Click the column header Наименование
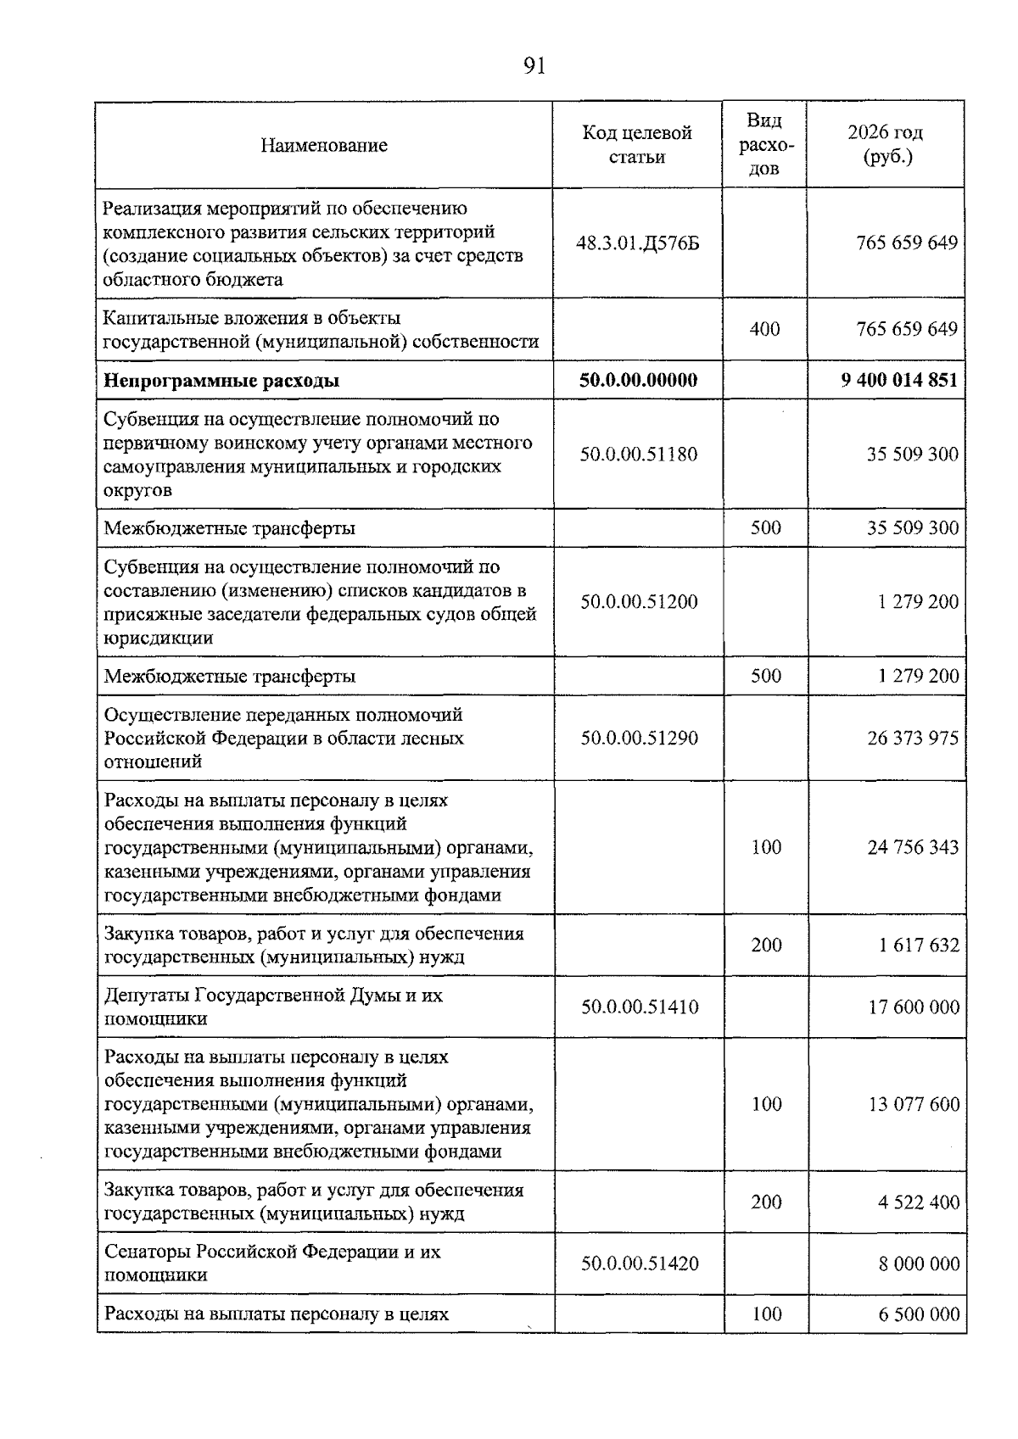point(323,145)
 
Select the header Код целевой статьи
point(637,145)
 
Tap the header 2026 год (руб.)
point(885,145)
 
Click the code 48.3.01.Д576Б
point(638,244)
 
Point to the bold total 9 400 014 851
point(899,381)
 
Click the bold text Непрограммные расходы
point(221,381)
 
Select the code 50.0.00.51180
point(639,455)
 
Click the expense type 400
point(764,329)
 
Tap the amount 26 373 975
point(913,738)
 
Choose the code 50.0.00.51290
point(639,738)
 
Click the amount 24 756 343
point(913,847)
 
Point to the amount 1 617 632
point(919,945)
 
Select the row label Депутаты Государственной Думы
point(273,1007)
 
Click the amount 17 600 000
point(914,1007)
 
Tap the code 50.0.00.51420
point(640,1263)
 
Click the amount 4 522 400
point(919,1202)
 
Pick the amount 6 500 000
point(919,1314)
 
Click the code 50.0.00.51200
point(639,602)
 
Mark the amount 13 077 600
point(914,1104)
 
